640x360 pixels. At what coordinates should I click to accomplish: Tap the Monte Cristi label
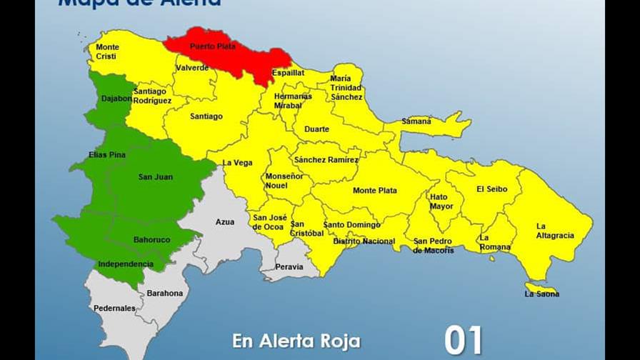pos(108,52)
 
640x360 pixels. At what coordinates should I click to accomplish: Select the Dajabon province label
pos(116,99)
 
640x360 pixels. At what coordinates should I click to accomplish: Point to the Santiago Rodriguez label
pos(152,96)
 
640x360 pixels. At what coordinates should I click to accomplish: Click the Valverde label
pos(193,68)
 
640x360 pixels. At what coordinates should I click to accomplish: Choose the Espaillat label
pos(288,73)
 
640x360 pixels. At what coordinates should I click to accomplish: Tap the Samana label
pos(416,121)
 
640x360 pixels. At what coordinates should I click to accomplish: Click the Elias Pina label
pos(108,154)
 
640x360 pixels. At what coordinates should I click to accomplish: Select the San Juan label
pos(156,176)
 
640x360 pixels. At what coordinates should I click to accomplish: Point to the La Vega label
pos(238,163)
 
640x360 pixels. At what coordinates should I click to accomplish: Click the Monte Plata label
pos(375,191)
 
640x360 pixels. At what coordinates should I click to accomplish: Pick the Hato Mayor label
pos(441,201)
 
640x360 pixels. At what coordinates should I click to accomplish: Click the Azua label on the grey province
pos(225,222)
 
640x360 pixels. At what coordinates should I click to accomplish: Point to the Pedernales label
pos(114,309)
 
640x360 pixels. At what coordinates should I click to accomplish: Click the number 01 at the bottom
pos(464,341)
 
